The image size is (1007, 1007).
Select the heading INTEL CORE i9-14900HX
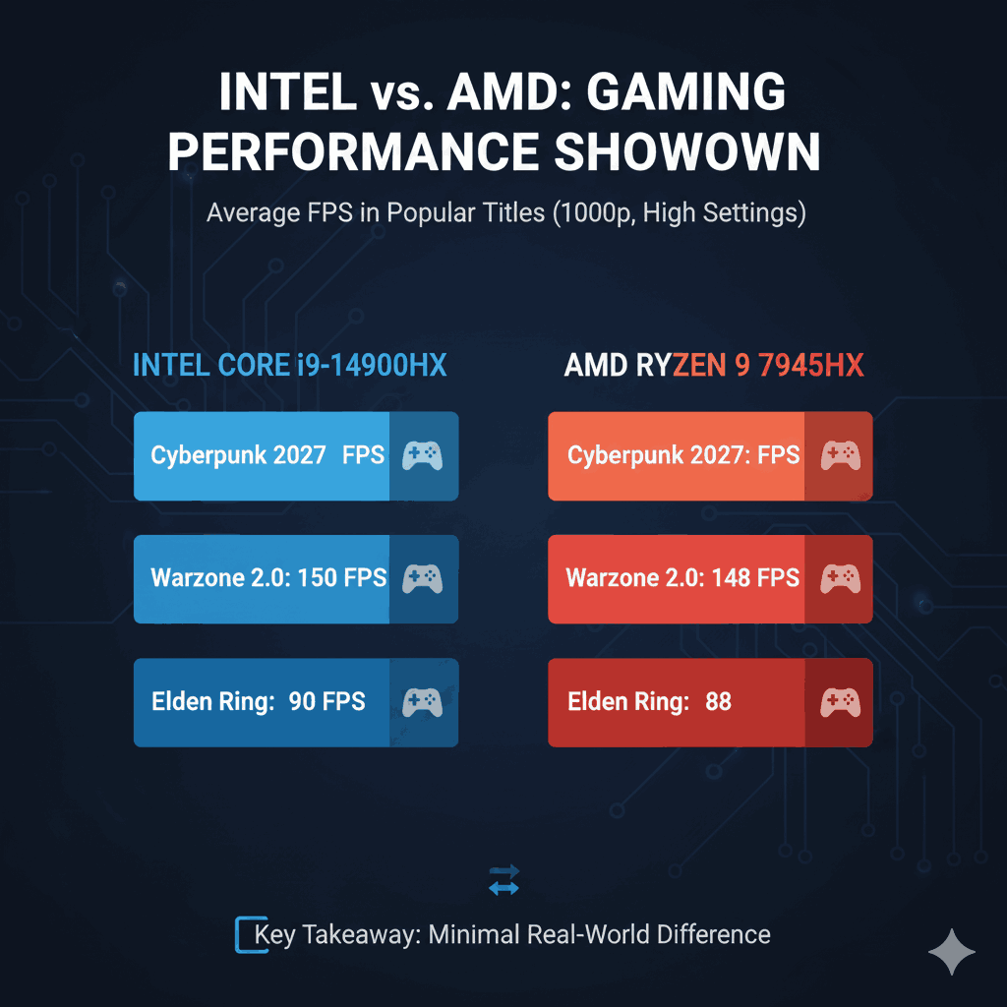[x=289, y=366]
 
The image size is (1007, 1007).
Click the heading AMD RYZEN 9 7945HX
[x=713, y=366]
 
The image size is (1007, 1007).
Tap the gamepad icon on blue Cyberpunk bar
[x=423, y=455]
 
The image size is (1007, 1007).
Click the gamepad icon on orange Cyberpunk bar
[x=839, y=455]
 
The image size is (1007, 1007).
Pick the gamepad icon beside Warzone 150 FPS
[x=423, y=578]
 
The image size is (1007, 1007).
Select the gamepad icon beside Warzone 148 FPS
[x=839, y=578]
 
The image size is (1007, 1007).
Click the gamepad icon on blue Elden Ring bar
[x=423, y=701]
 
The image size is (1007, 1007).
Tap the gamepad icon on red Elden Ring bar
[x=839, y=701]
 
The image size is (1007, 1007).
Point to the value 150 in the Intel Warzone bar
[x=317, y=577]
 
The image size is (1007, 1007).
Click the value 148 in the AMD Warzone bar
[x=731, y=577]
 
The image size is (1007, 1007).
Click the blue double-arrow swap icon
[x=503, y=880]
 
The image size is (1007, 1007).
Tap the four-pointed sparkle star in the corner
[x=952, y=952]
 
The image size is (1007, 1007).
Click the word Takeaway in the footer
[x=363, y=934]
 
